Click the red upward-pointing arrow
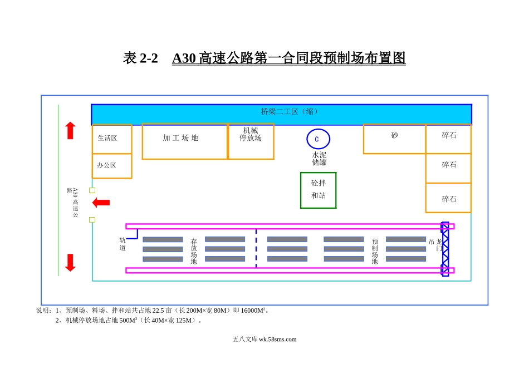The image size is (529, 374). click(70, 131)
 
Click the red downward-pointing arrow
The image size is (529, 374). click(70, 263)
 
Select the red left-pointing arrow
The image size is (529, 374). click(101, 203)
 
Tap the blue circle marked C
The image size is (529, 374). click(318, 139)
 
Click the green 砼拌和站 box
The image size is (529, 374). click(318, 190)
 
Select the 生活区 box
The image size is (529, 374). click(111, 139)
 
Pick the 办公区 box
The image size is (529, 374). click(111, 166)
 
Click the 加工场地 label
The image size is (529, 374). click(180, 138)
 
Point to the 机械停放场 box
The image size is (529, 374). click(251, 141)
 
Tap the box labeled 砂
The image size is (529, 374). click(394, 139)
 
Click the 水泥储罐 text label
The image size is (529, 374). click(319, 159)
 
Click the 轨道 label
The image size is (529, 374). click(123, 244)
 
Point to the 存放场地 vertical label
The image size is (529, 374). click(194, 252)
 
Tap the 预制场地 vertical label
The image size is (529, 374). click(375, 252)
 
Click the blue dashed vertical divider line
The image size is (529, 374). click(256, 248)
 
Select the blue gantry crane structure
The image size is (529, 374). click(445, 249)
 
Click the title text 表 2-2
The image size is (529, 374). click(140, 58)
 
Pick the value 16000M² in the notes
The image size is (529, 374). click(254, 311)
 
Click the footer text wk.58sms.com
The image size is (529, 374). click(277, 339)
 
